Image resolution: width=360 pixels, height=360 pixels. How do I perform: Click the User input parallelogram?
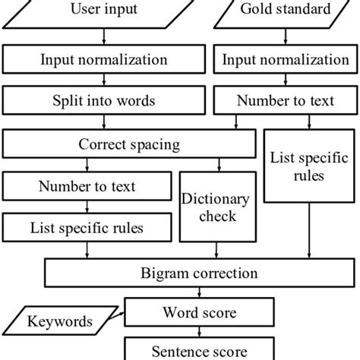click(x=105, y=11)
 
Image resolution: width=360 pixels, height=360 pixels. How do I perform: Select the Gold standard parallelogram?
click(x=286, y=11)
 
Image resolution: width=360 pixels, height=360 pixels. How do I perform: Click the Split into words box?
click(x=105, y=100)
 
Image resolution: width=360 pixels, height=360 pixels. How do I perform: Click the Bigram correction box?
click(x=199, y=272)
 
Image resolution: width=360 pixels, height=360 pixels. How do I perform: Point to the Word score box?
click(x=199, y=312)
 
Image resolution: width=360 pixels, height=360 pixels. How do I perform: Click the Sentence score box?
click(x=199, y=350)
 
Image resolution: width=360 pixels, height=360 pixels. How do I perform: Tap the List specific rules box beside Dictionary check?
click(x=87, y=226)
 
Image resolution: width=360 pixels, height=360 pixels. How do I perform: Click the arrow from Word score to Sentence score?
click(x=199, y=331)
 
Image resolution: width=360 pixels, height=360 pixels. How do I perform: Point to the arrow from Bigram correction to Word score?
click(x=199, y=292)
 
